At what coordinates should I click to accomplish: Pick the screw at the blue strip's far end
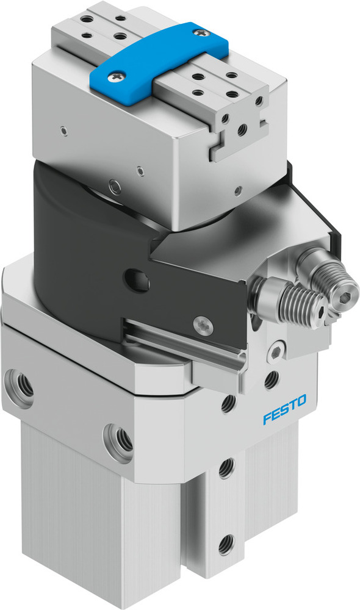tap(199, 29)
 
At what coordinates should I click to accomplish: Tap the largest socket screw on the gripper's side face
tap(112, 185)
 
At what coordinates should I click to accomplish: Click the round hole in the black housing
tap(138, 281)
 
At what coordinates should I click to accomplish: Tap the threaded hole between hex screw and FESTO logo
tap(269, 379)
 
